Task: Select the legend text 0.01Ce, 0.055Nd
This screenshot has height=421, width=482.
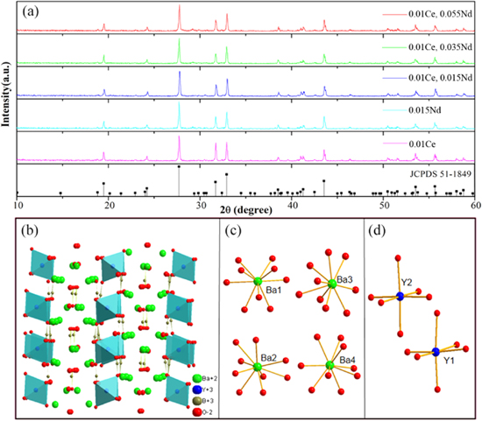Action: [428, 16]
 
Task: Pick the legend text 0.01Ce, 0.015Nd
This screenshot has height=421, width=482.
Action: [428, 79]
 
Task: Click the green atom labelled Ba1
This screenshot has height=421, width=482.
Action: [257, 281]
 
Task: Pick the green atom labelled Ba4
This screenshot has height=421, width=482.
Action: [330, 365]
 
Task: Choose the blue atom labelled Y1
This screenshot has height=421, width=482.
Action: [436, 352]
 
